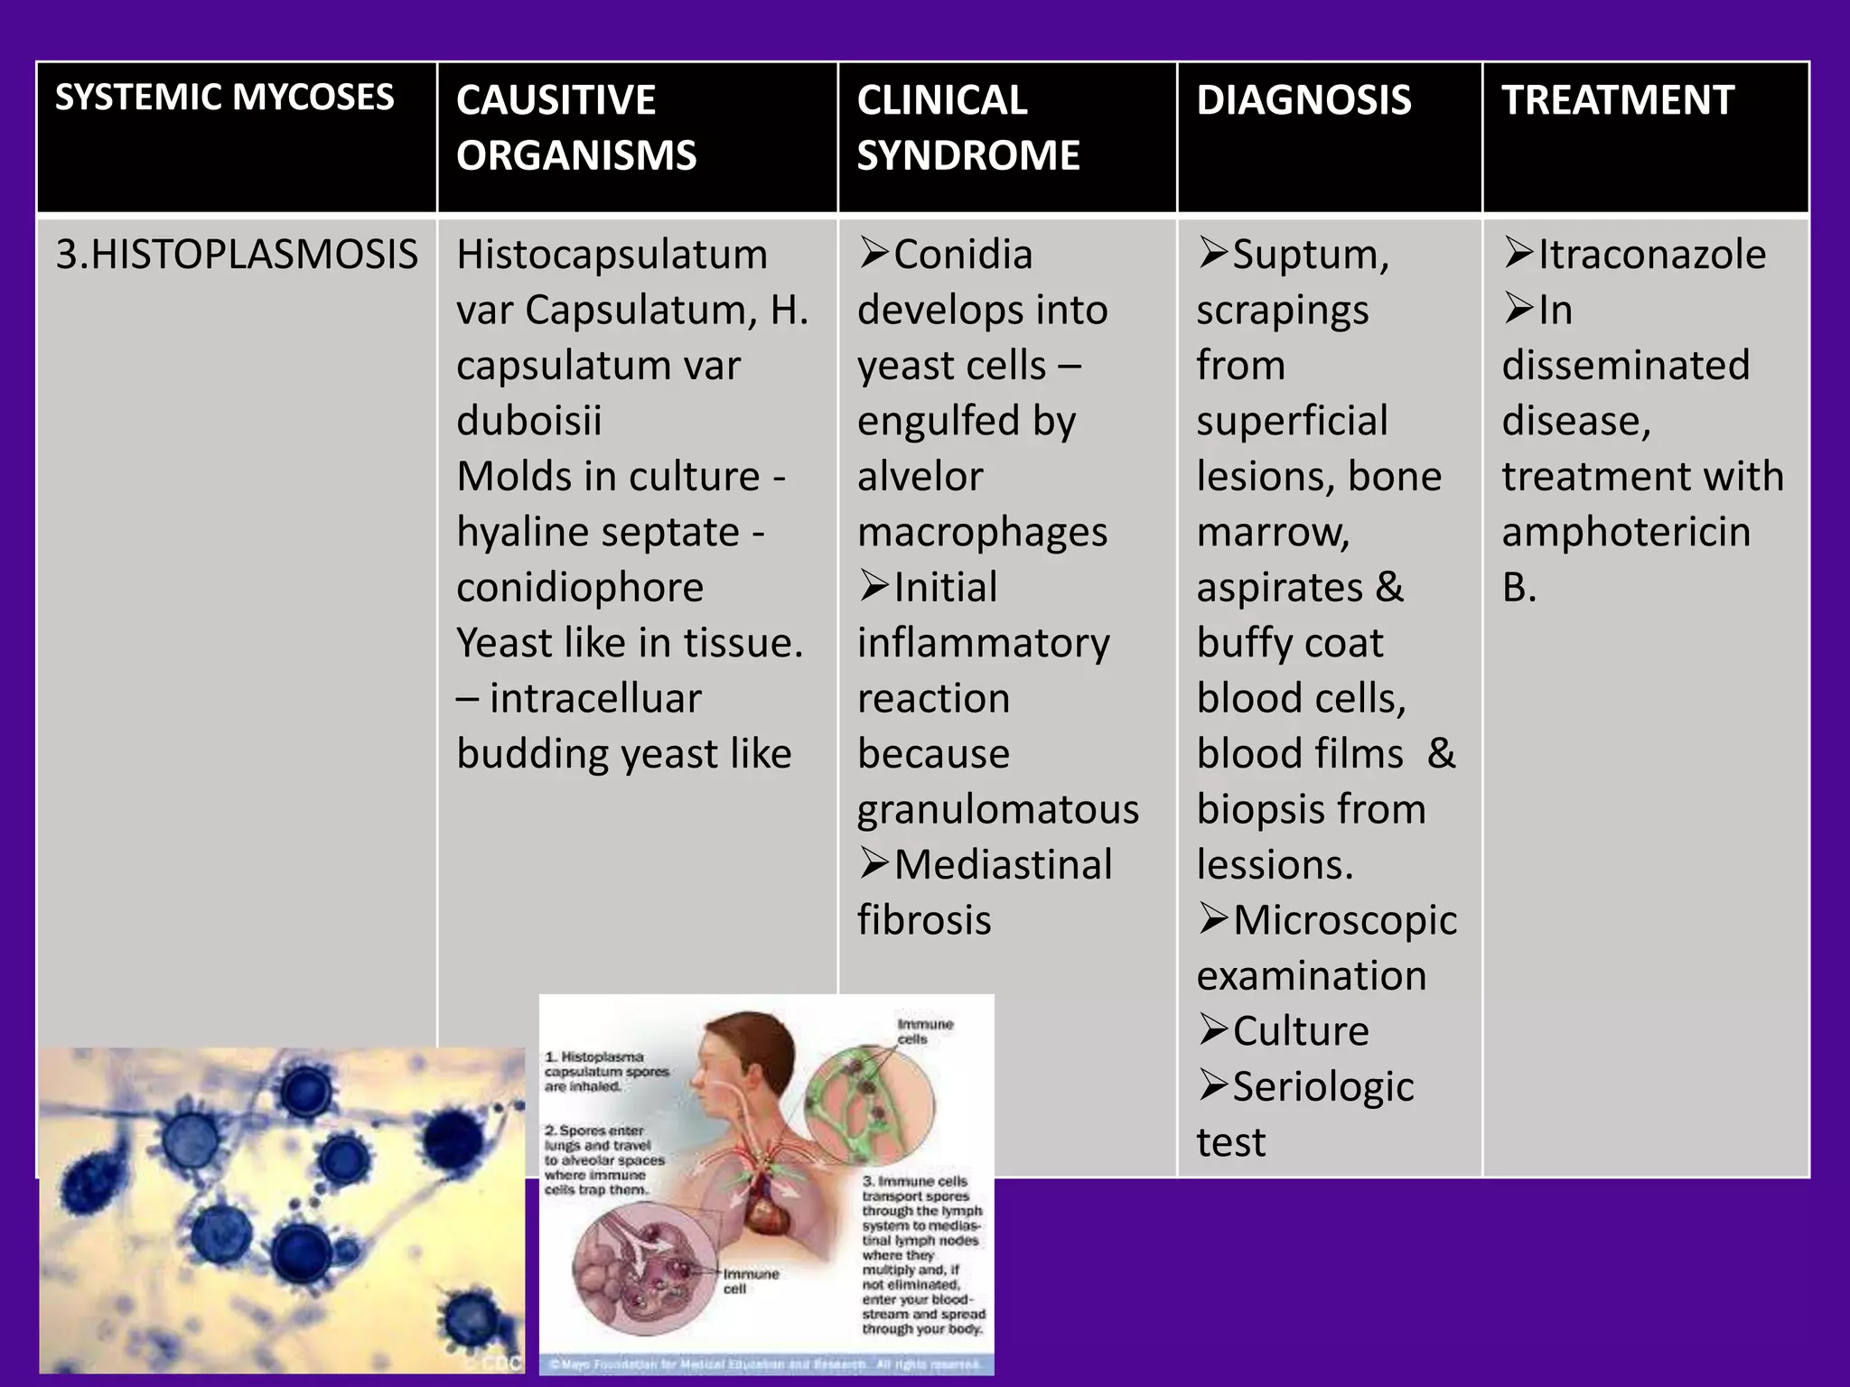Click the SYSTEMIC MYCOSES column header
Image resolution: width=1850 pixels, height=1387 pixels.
[224, 98]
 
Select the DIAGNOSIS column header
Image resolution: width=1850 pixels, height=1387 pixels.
[1303, 99]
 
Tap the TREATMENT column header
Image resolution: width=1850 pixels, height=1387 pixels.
[1617, 99]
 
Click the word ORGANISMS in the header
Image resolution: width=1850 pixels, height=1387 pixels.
[576, 155]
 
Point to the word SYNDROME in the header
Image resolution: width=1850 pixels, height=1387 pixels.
[967, 155]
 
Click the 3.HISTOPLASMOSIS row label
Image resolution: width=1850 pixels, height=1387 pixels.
[237, 255]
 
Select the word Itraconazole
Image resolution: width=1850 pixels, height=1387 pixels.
[1651, 255]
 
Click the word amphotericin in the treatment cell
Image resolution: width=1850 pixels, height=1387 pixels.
[1626, 532]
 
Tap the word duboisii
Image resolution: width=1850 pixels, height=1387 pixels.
[528, 421]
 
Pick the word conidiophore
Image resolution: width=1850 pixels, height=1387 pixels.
[579, 588]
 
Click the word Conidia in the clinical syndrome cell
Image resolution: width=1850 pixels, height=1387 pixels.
[962, 255]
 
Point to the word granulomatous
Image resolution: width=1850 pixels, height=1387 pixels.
[997, 810]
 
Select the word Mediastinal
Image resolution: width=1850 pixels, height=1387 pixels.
[1003, 865]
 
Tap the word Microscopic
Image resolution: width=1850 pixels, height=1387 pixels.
[1344, 921]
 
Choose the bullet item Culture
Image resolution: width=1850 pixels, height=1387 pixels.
[1300, 1031]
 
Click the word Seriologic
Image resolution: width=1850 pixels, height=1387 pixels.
[1322, 1087]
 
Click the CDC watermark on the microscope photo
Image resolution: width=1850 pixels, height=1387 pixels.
[502, 1363]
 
